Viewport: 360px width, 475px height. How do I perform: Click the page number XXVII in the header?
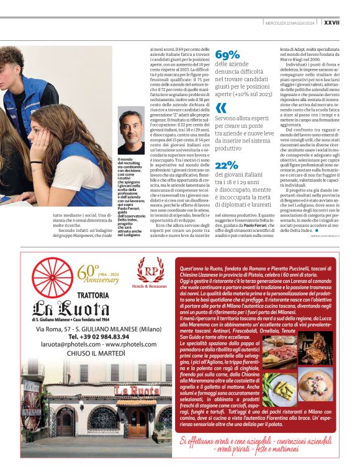[348, 22]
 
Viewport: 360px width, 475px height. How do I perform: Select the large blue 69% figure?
[227, 55]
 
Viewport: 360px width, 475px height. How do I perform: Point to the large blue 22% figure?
[227, 166]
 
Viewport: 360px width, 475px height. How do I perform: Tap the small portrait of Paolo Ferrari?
[131, 130]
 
